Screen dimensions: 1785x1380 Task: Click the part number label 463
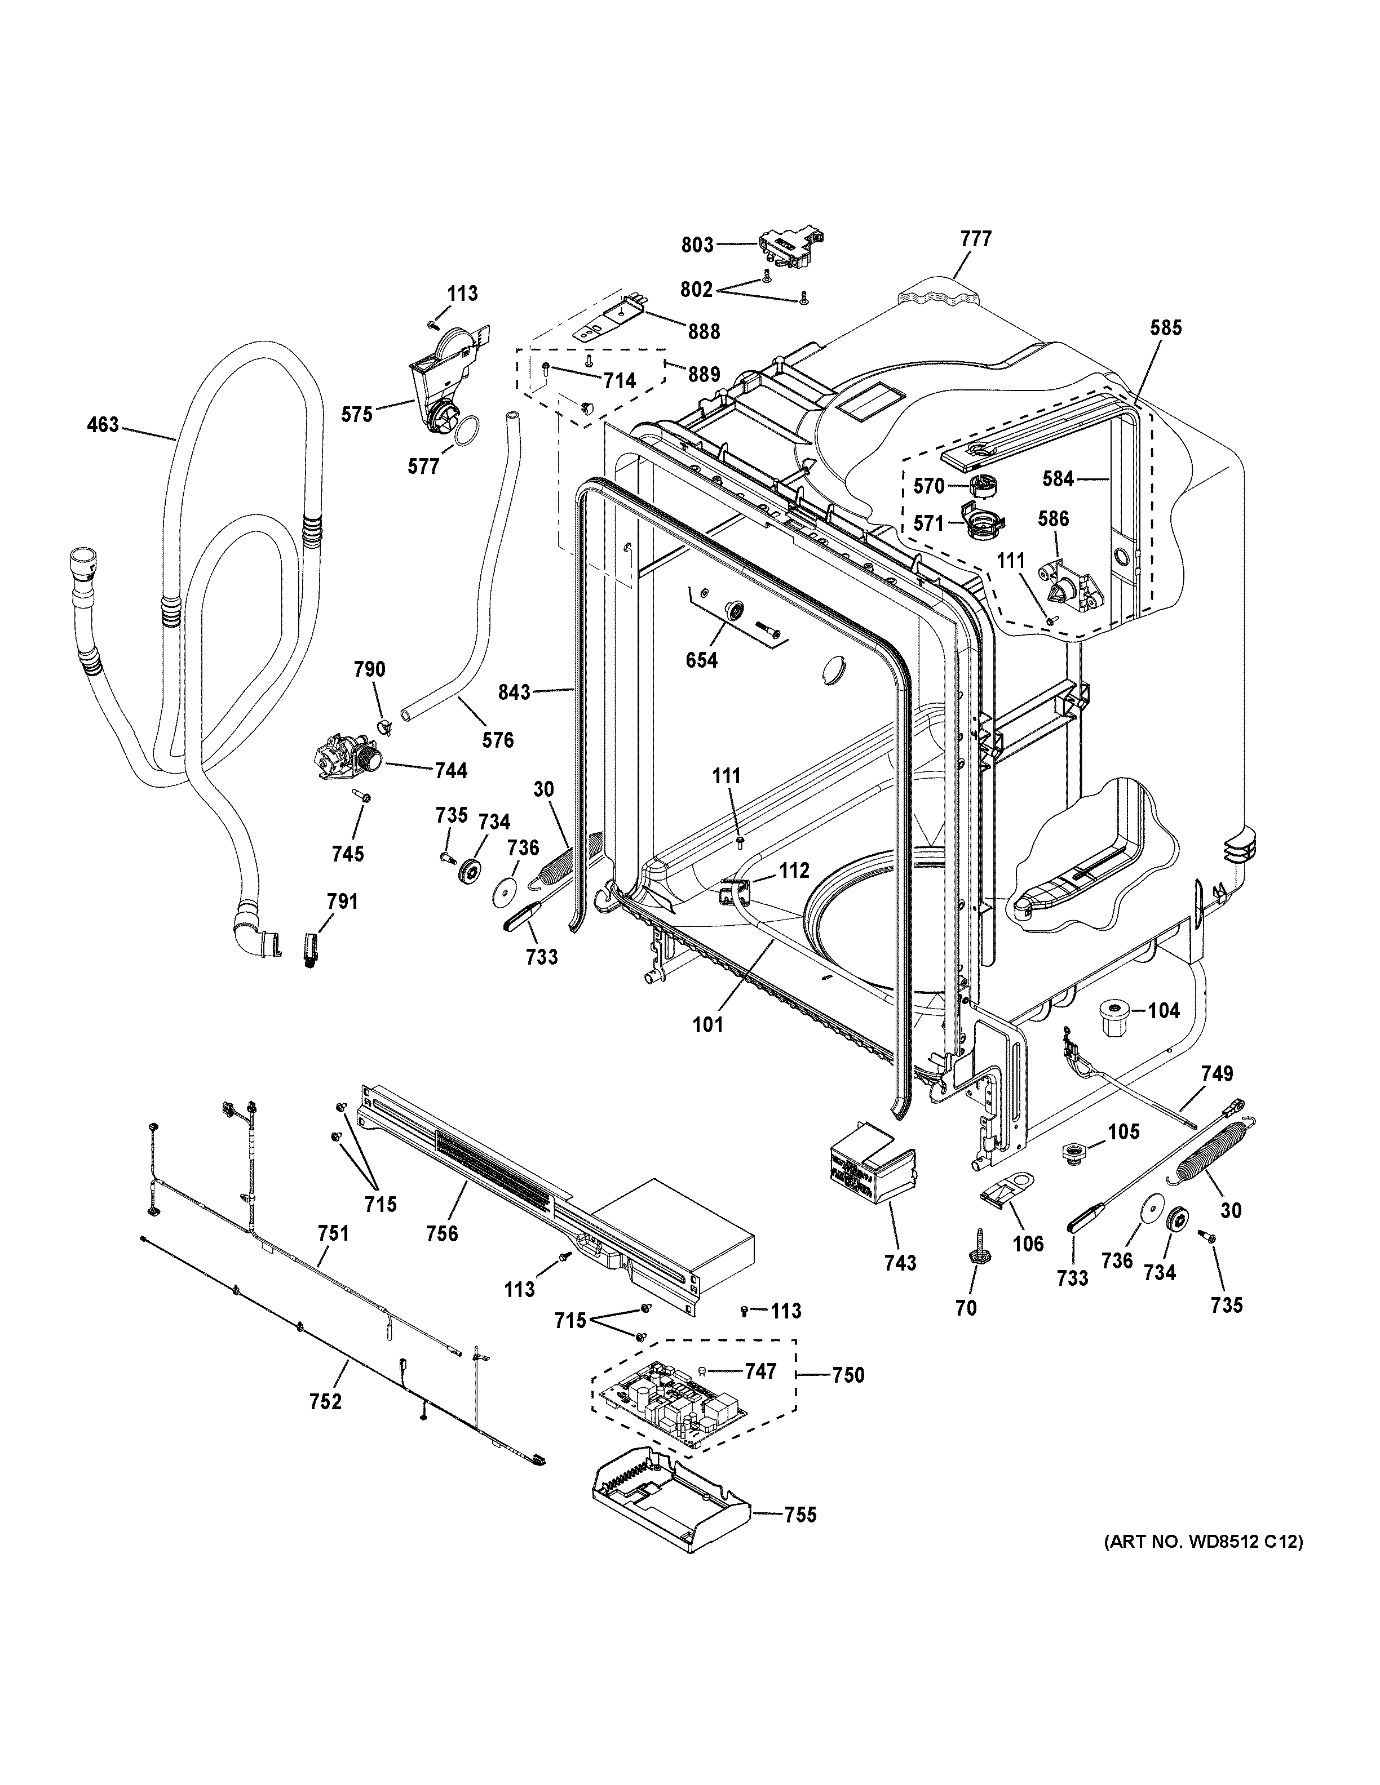(x=103, y=425)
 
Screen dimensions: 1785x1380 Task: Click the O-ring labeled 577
(x=467, y=430)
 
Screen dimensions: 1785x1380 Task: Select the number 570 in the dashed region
(x=928, y=486)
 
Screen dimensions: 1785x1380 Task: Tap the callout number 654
(x=701, y=660)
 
